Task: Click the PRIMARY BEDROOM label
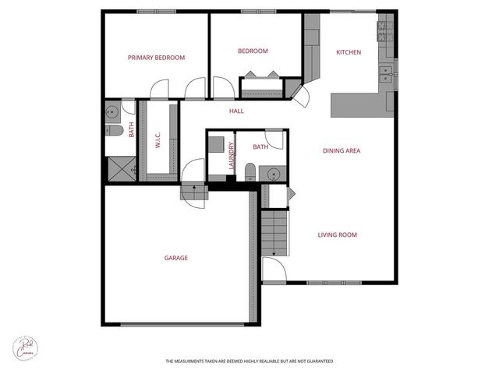point(157,58)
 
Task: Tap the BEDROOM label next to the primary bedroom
point(253,51)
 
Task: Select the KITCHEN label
point(349,52)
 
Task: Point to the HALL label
point(236,111)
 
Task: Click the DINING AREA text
point(341,150)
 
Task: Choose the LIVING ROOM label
point(337,235)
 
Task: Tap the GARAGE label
point(175,258)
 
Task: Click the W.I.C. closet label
point(157,140)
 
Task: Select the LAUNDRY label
point(232,155)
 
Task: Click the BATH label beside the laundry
point(260,146)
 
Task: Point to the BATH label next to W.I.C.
point(132,130)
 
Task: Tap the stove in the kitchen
point(384,31)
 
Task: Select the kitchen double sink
point(384,75)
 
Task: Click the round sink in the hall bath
point(274,173)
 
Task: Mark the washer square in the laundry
point(216,146)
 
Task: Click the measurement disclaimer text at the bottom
point(249,362)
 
